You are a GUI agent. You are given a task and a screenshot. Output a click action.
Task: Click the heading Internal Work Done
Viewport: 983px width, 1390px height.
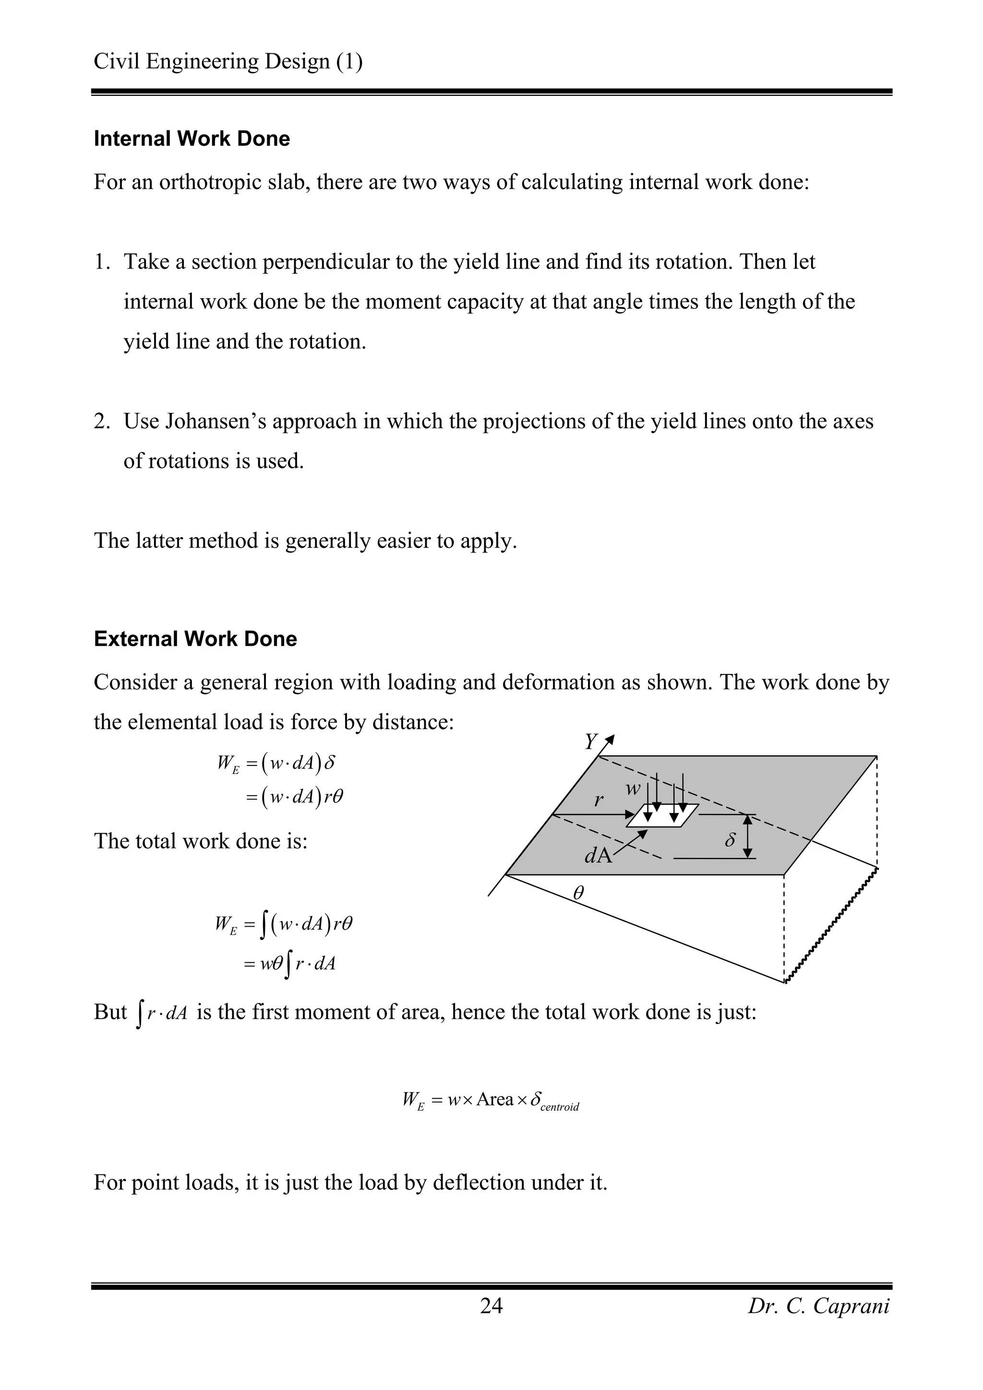tap(192, 139)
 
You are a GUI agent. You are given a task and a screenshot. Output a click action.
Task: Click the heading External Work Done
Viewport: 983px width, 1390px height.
tap(195, 639)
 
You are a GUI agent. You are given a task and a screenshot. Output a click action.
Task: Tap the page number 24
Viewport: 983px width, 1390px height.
tap(491, 1306)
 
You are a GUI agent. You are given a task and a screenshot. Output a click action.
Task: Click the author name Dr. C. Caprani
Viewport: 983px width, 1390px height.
tap(818, 1306)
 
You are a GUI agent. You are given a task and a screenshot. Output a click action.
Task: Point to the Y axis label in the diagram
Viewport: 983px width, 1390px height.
tap(590, 742)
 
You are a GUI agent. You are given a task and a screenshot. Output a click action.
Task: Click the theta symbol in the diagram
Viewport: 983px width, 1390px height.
tap(578, 893)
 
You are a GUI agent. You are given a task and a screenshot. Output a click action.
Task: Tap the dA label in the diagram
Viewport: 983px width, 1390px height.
tap(598, 855)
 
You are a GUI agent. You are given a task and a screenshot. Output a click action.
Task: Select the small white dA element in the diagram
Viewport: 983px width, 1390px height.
tap(662, 816)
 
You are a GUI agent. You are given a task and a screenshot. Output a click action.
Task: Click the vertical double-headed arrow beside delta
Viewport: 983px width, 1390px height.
tap(748, 836)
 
